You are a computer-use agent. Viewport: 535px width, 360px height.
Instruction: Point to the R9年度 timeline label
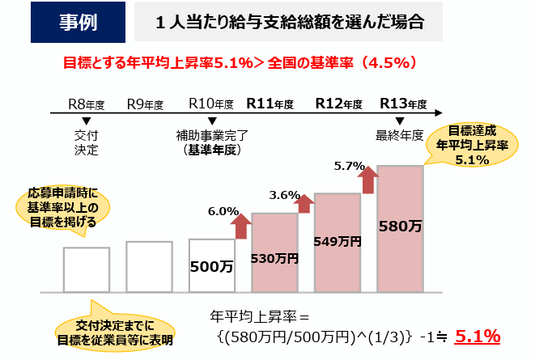(x=146, y=104)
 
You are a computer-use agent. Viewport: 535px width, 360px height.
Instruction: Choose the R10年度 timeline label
(x=210, y=104)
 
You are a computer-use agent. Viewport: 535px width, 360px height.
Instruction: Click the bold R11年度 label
(x=270, y=104)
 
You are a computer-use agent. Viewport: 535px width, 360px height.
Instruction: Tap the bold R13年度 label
(x=402, y=104)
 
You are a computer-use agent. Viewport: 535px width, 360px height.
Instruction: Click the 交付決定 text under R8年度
(x=86, y=142)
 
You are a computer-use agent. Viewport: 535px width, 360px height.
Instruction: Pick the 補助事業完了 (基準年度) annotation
(x=210, y=142)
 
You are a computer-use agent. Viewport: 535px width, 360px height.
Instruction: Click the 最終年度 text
(x=400, y=135)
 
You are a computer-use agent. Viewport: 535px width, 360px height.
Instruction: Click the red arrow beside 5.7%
(x=369, y=180)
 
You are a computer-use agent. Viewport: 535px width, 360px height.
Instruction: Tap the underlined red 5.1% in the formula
(x=478, y=336)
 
